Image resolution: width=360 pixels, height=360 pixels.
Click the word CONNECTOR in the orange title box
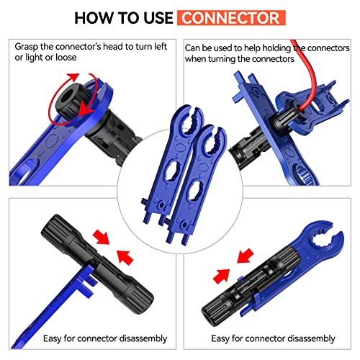[230, 18]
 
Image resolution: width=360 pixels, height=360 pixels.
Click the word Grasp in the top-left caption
[27, 47]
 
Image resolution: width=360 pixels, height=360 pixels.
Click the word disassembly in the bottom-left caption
[143, 338]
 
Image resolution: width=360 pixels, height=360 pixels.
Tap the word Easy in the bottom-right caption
[220, 338]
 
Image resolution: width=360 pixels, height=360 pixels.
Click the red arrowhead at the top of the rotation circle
[73, 77]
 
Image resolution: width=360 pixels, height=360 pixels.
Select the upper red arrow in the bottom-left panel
[102, 237]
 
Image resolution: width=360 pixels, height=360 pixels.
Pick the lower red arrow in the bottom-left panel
[125, 257]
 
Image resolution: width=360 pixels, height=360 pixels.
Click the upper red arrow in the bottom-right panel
[246, 256]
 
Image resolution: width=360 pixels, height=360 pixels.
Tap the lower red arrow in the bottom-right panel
[222, 276]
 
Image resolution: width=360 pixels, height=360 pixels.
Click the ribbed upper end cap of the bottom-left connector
[57, 229]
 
